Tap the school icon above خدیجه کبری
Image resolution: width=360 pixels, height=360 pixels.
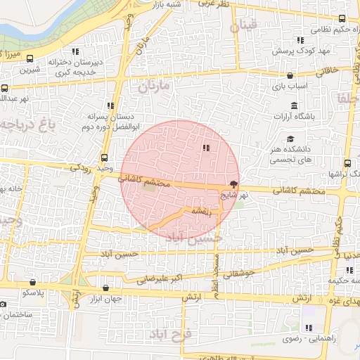(75, 51)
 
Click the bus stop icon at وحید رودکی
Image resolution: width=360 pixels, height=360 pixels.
(105, 157)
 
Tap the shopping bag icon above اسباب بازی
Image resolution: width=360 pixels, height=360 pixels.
(290, 75)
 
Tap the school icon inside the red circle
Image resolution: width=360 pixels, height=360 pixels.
(206, 148)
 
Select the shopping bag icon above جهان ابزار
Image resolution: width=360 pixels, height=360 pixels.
(106, 287)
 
